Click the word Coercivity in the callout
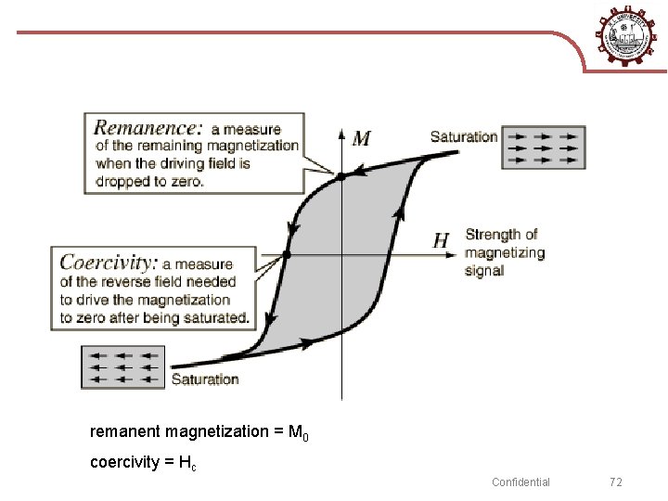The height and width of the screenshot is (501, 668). (x=109, y=263)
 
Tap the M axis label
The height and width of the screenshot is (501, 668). (x=361, y=139)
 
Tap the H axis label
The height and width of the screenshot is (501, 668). (x=443, y=241)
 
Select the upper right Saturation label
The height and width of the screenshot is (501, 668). (x=464, y=136)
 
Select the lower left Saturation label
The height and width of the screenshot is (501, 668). (x=205, y=379)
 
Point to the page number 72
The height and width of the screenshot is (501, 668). (x=616, y=482)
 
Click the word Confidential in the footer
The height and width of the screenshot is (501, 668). (x=520, y=482)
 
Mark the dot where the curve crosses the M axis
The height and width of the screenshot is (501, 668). (x=341, y=175)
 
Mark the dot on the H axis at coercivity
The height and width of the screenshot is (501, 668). (x=287, y=253)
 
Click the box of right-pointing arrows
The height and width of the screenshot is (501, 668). (x=544, y=147)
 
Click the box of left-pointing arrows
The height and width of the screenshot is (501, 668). (x=122, y=366)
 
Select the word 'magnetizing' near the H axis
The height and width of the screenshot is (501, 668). (x=505, y=252)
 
